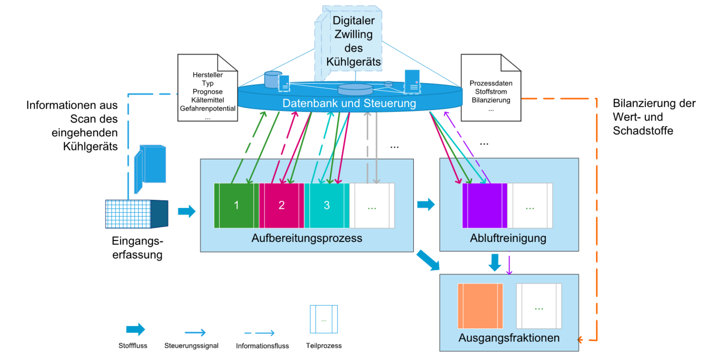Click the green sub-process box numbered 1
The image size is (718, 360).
pyautogui.click(x=237, y=206)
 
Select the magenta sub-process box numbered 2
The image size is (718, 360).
pyautogui.click(x=282, y=206)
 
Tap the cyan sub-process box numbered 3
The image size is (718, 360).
pyautogui.click(x=327, y=206)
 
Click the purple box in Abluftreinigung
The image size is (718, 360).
pyautogui.click(x=485, y=206)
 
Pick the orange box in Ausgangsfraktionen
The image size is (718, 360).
pyautogui.click(x=480, y=306)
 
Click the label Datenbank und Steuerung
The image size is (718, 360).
pyautogui.click(x=349, y=103)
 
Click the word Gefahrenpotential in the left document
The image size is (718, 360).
pyautogui.click(x=207, y=108)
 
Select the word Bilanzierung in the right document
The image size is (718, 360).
pyautogui.click(x=491, y=100)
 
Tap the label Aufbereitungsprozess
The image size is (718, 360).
pyautogui.click(x=307, y=238)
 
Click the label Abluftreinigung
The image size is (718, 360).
pyautogui.click(x=508, y=238)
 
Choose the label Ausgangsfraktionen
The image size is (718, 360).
pyautogui.click(x=509, y=338)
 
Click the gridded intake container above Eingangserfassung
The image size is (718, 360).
pyautogui.click(x=136, y=214)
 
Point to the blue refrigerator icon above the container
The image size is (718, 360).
pyautogui.click(x=150, y=168)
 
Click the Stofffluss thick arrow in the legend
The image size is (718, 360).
pyautogui.click(x=135, y=329)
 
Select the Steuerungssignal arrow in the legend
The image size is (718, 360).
pyautogui.click(x=195, y=333)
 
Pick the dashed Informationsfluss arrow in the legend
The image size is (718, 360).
pyautogui.click(x=259, y=333)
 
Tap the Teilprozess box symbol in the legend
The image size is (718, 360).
pyautogui.click(x=324, y=319)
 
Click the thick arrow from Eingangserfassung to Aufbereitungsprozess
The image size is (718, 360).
pyautogui.click(x=187, y=211)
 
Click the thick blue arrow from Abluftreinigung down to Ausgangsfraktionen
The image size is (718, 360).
pyautogui.click(x=495, y=262)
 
